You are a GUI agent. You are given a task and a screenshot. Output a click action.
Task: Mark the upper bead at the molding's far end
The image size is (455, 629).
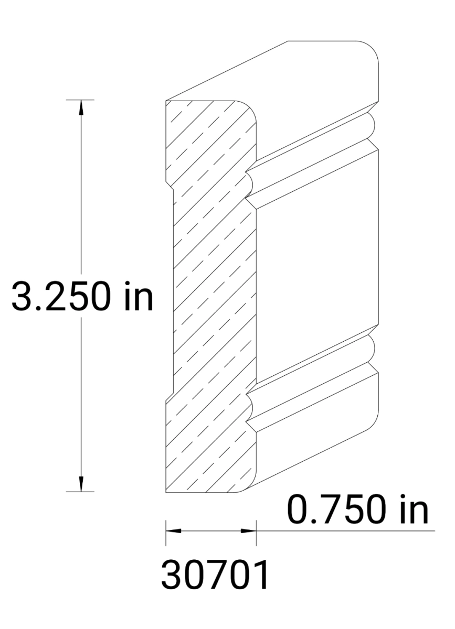coord(373,124)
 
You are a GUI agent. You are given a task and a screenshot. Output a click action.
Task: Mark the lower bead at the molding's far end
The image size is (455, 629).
coord(373,348)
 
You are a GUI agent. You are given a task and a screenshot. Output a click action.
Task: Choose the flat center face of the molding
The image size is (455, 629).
coord(315,267)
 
